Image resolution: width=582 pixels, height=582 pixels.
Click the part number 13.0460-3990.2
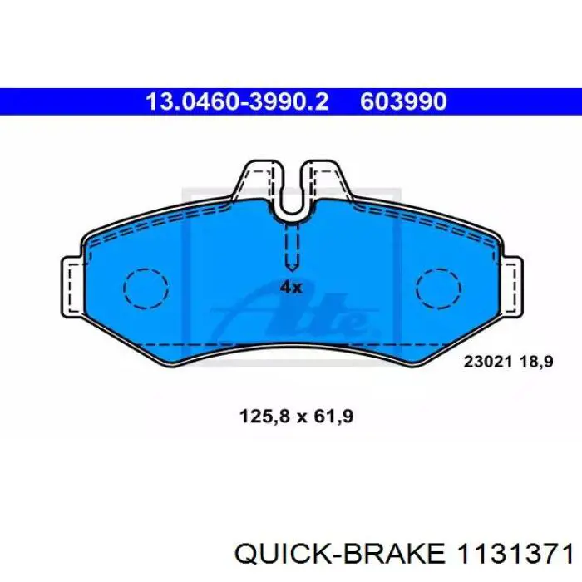(x=237, y=101)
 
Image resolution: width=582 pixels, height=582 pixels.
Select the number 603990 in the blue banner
(x=403, y=101)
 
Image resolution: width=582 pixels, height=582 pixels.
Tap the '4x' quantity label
(x=291, y=287)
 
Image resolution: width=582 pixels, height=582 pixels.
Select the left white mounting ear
(x=72, y=287)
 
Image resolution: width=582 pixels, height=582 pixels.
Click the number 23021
(x=488, y=362)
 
